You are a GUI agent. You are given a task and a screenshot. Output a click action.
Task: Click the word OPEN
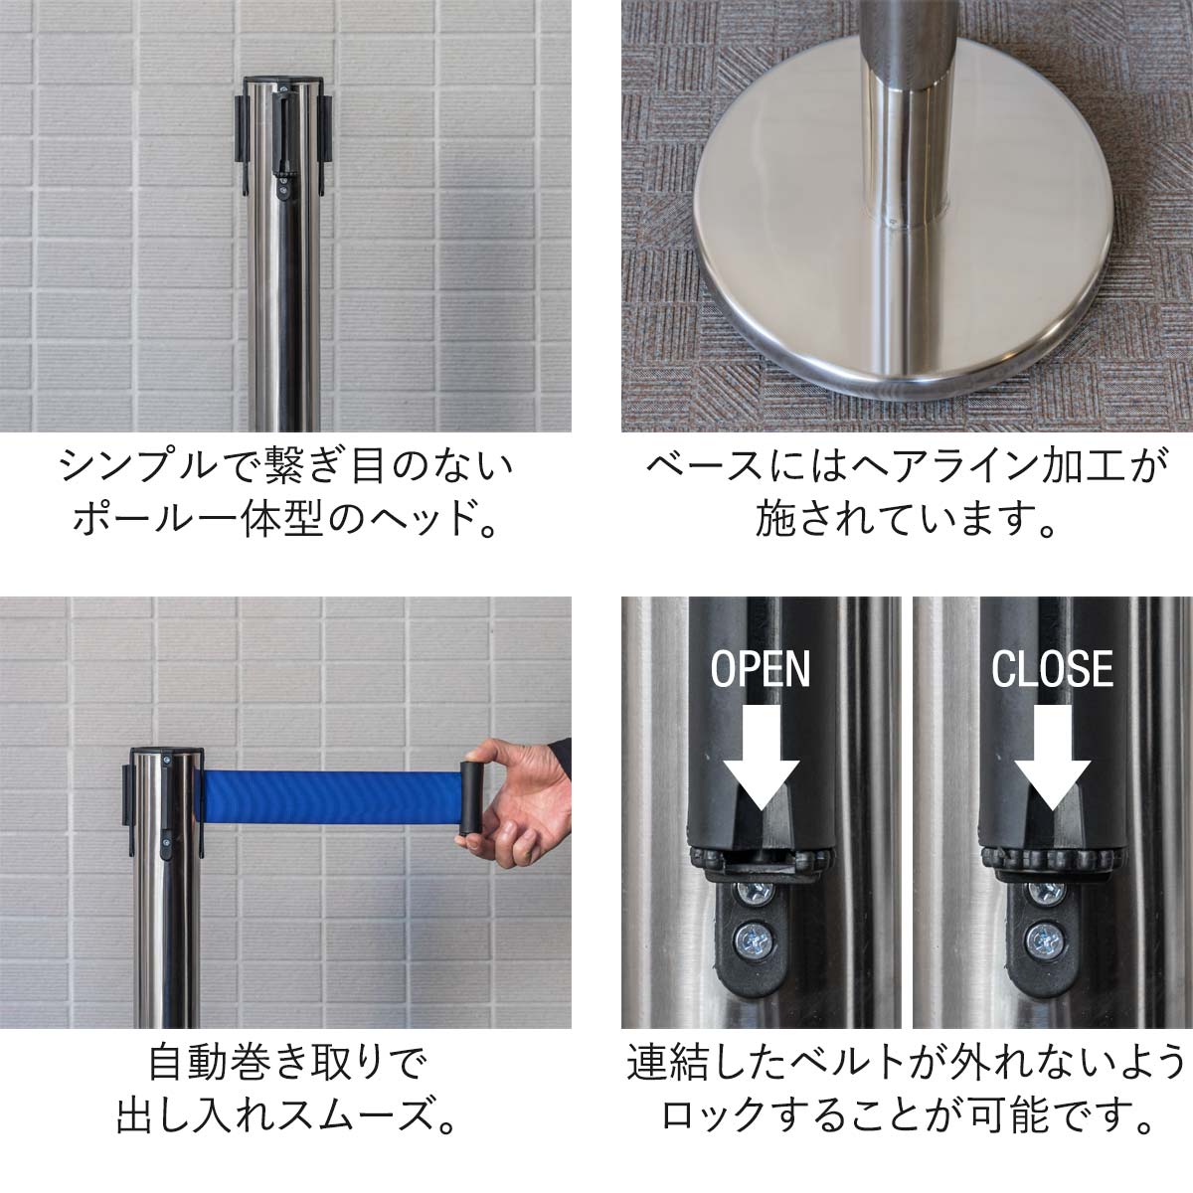761,669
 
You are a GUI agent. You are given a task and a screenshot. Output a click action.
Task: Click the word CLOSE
1052,669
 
